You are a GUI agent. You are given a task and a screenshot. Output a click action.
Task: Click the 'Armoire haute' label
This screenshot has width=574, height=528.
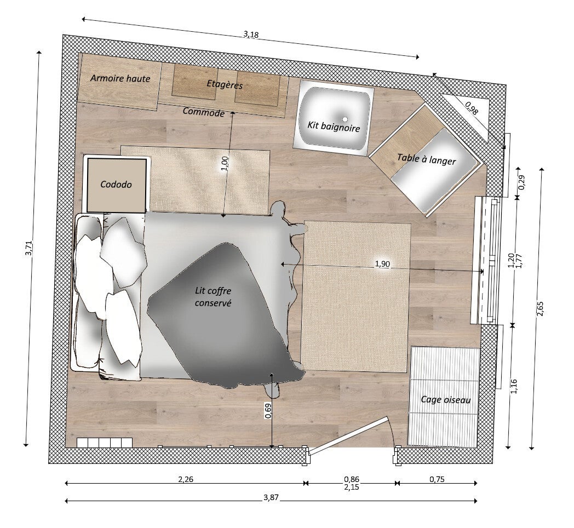(x=120, y=78)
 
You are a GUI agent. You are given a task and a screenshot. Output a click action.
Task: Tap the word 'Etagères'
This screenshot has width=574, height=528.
(x=225, y=84)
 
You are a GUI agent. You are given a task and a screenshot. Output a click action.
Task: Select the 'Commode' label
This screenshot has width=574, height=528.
(x=204, y=112)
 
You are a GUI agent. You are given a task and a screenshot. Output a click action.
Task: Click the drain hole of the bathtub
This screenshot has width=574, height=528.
(x=345, y=119)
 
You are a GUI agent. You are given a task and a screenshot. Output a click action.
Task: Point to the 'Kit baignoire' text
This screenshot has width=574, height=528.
(x=334, y=127)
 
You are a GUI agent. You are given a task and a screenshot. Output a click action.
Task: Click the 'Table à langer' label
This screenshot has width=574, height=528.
(x=427, y=159)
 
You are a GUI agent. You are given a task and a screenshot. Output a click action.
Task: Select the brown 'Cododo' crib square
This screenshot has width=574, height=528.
(x=117, y=185)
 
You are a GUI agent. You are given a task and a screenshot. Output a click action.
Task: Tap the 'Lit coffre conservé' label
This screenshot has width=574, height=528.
(x=213, y=297)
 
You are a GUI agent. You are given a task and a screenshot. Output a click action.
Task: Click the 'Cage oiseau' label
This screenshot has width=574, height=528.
(x=445, y=399)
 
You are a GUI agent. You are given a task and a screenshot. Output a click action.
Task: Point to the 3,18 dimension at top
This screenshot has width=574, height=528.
(x=251, y=35)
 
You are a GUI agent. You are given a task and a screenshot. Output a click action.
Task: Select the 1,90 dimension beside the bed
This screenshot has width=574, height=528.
(x=382, y=264)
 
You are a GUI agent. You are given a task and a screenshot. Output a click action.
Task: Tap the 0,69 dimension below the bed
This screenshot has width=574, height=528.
(x=268, y=411)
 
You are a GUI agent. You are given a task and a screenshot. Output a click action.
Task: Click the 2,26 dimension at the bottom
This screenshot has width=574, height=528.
(x=185, y=479)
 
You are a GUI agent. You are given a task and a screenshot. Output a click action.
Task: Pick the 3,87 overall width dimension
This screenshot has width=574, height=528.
(x=271, y=497)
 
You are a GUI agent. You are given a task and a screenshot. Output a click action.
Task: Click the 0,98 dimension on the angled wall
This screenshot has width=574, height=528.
(x=472, y=108)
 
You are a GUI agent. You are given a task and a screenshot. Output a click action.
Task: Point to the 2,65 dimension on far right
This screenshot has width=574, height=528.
(x=540, y=308)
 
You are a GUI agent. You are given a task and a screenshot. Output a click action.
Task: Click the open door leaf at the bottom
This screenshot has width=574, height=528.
(x=348, y=435)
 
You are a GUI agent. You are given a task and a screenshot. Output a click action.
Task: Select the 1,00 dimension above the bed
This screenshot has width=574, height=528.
(x=225, y=163)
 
